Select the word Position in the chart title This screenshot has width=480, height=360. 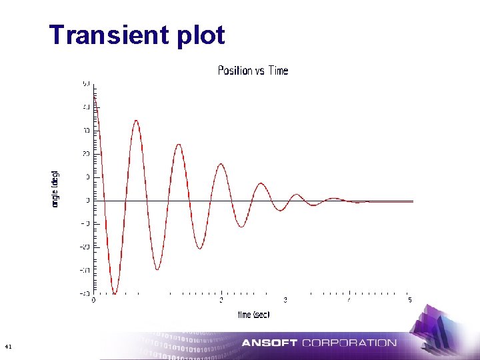[235, 71]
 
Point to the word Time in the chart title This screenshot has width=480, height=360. [279, 71]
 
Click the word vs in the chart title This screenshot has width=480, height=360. [261, 71]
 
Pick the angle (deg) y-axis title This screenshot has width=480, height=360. [55, 189]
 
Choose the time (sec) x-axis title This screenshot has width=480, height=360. [254, 314]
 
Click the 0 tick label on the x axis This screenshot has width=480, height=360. [93, 300]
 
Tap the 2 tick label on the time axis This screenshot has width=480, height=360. [221, 300]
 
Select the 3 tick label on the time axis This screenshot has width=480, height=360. [285, 300]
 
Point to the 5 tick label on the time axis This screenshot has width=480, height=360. [410, 300]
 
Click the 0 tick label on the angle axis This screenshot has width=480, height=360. [87, 201]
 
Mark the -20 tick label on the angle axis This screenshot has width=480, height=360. [85, 247]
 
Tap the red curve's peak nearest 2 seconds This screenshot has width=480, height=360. [221, 164]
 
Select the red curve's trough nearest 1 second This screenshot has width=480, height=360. [157, 269]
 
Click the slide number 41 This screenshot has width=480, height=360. [7, 347]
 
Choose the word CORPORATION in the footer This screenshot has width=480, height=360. [349, 343]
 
